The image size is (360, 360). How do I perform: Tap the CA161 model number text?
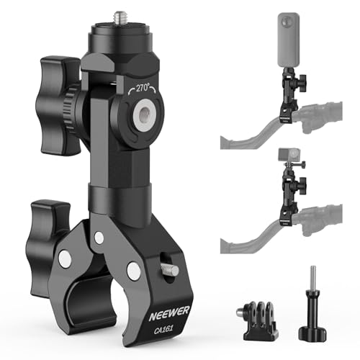163,329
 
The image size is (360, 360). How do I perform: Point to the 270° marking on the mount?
143,88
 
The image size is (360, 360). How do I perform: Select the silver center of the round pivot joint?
145,115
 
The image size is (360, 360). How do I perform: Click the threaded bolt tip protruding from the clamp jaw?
170,269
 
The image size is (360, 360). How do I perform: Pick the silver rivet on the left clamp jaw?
65,259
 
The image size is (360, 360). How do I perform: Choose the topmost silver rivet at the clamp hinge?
99,238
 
